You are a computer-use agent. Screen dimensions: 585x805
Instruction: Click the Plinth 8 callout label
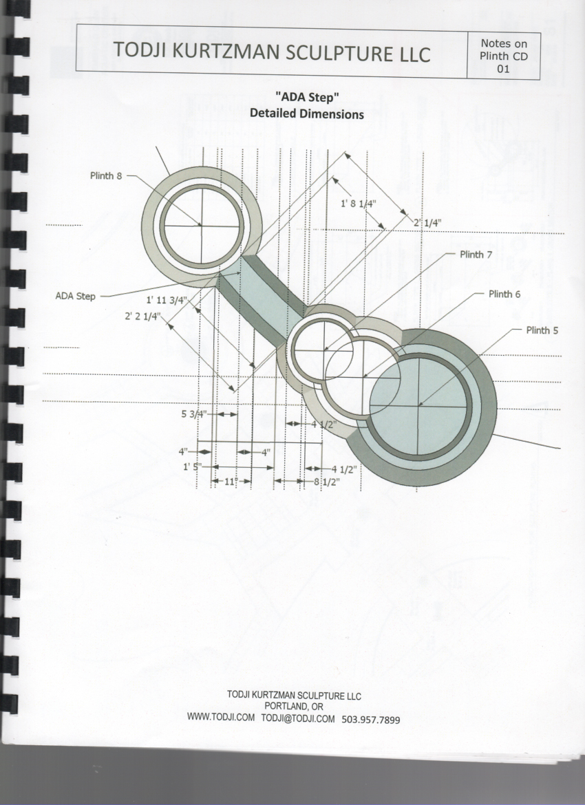(x=106, y=175)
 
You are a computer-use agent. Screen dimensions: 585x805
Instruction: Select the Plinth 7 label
(x=476, y=254)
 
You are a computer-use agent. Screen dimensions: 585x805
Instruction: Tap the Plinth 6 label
(x=504, y=294)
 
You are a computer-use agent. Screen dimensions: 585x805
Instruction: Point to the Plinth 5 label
(x=542, y=330)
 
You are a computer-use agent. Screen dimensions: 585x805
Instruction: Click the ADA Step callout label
(x=76, y=297)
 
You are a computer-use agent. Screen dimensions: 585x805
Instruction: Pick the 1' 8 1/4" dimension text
(x=359, y=203)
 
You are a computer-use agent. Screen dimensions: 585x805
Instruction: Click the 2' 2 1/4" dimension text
(x=142, y=316)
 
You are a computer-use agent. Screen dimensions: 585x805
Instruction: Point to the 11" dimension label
(x=232, y=482)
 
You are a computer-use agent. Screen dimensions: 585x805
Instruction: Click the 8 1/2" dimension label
(x=327, y=482)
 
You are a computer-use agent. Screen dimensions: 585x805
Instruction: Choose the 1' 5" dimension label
(x=192, y=466)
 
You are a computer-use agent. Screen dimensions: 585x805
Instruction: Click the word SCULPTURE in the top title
(x=337, y=53)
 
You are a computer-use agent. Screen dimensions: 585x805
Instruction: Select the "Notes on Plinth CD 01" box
(x=503, y=56)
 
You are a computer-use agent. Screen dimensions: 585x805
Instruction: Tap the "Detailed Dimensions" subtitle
(x=307, y=114)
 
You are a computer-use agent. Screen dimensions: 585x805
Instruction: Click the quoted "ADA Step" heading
(x=307, y=96)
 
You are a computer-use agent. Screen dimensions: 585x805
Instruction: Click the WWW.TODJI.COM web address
(x=220, y=717)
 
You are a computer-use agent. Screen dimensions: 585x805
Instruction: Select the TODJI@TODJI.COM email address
(x=298, y=719)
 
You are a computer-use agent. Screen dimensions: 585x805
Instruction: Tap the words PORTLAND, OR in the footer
(x=294, y=707)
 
